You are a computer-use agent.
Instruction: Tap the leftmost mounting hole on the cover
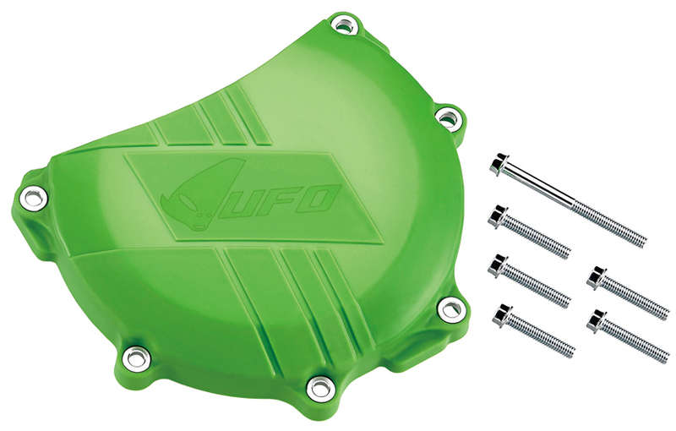point(32,199)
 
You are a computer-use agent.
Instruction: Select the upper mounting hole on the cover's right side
point(445,114)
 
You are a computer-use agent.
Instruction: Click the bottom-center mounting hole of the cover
point(318,388)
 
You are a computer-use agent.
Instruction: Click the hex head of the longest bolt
point(497,165)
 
